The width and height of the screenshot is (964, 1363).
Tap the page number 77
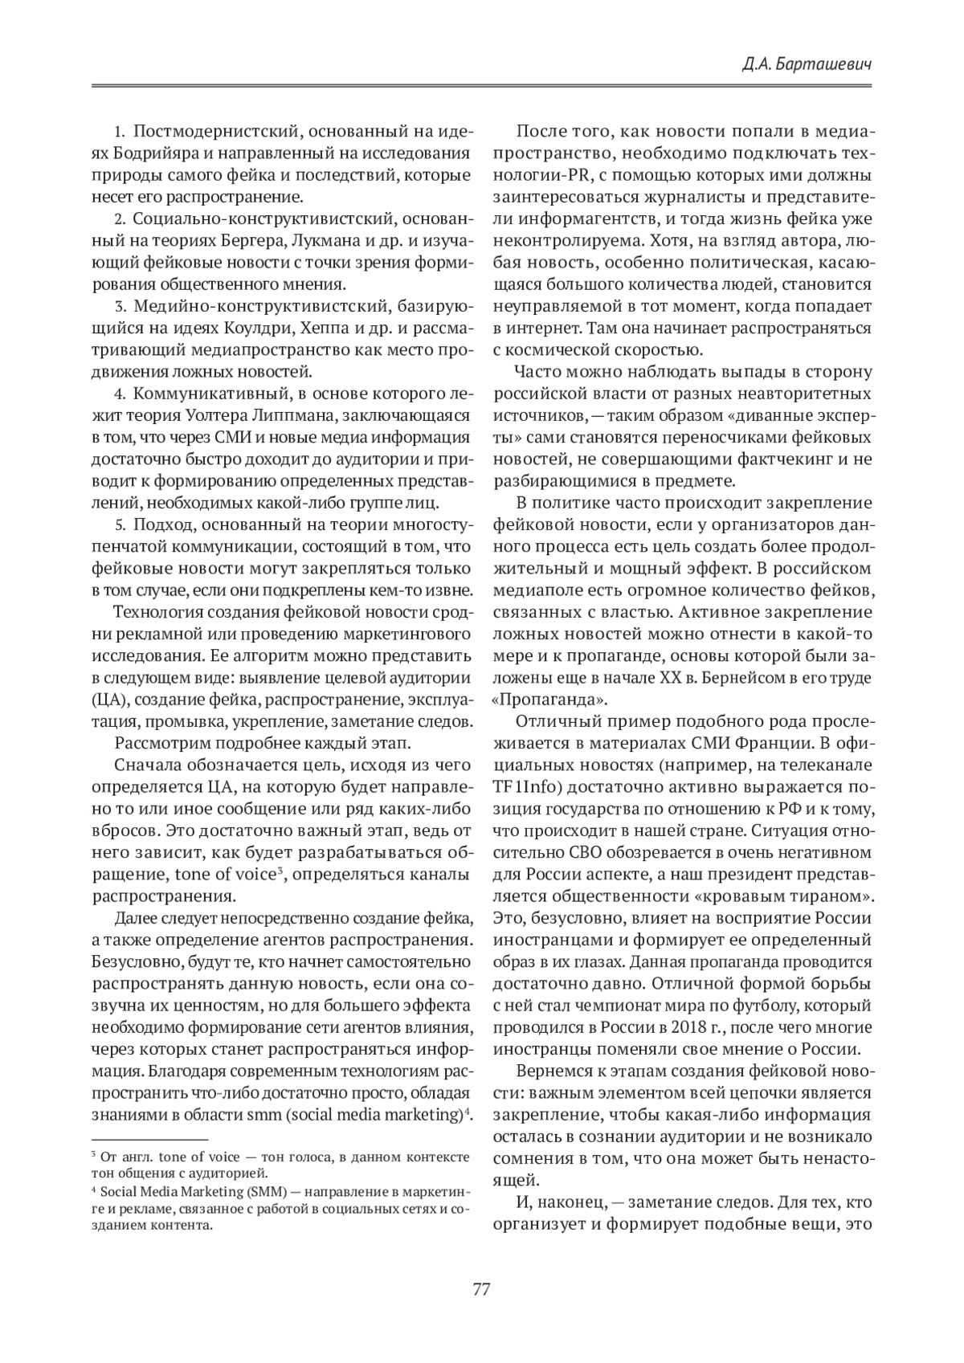click(481, 1290)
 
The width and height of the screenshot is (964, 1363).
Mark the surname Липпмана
click(299, 415)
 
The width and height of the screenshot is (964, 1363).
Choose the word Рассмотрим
click(155, 742)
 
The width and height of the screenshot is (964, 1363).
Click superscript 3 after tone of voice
click(279, 870)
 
